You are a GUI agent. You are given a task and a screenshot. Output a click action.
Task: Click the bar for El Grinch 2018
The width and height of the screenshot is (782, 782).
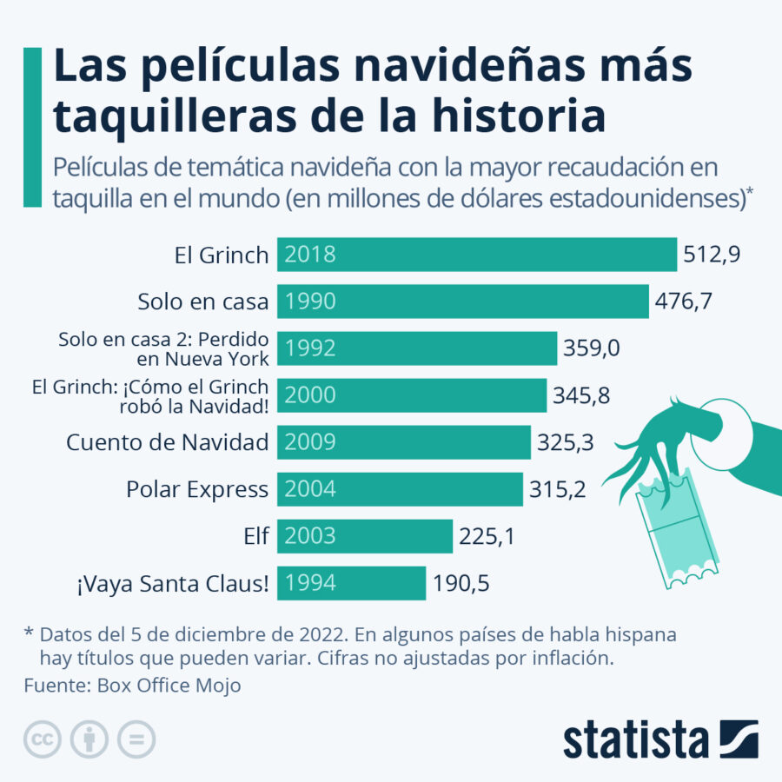(x=476, y=255)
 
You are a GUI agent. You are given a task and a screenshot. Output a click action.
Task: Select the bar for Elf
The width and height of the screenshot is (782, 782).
(x=365, y=536)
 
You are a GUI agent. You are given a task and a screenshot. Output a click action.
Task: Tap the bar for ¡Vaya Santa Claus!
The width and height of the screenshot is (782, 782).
(x=351, y=583)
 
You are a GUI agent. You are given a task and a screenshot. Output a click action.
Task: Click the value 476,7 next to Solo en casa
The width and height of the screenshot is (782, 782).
(x=682, y=302)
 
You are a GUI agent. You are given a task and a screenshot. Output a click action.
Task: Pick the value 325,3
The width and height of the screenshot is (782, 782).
(x=565, y=442)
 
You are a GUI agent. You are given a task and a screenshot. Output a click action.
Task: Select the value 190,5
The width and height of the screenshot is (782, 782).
(x=461, y=583)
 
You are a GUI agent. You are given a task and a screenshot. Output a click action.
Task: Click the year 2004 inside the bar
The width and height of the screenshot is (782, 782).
(x=310, y=489)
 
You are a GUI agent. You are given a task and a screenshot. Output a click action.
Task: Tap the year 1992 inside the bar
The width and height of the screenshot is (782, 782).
(x=310, y=348)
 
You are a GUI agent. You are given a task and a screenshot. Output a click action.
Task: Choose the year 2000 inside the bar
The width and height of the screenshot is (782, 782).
(x=310, y=395)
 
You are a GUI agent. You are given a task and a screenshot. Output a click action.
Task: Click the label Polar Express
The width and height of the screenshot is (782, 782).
(x=197, y=489)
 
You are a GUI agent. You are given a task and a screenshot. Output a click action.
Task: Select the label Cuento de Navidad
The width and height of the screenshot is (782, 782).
(x=167, y=442)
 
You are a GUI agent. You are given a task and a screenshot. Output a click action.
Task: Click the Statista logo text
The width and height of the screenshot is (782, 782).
(x=635, y=739)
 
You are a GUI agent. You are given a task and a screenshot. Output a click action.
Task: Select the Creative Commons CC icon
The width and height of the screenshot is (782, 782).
(x=42, y=739)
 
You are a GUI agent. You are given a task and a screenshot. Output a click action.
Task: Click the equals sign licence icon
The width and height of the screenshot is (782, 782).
(x=136, y=739)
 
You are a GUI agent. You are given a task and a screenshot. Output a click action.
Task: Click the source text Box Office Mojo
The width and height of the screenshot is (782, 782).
(x=169, y=686)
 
